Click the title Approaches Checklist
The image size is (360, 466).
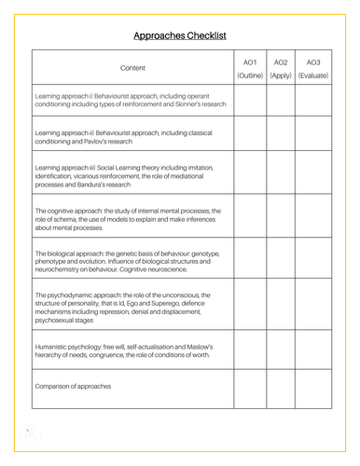tap(180, 35)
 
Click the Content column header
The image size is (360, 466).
tap(132, 68)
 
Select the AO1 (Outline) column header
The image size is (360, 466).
tap(250, 68)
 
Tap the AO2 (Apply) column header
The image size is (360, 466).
tap(281, 68)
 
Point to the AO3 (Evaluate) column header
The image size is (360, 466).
tap(312, 68)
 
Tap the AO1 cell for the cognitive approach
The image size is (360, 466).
tap(250, 217)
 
